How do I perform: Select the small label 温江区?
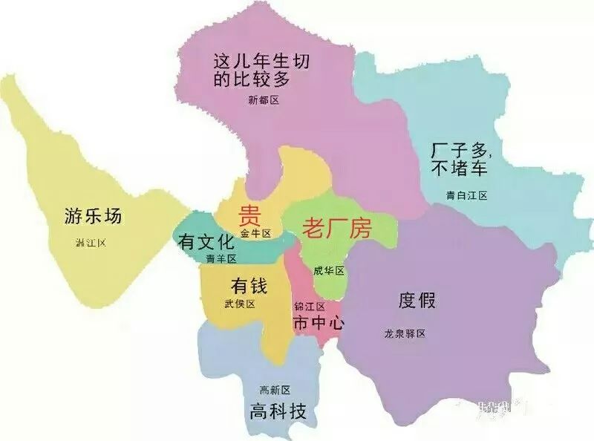(x=92, y=243)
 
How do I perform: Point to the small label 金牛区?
(x=255, y=233)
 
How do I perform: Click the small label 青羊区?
(x=221, y=259)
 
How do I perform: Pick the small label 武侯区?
(x=239, y=304)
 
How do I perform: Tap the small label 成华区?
(x=328, y=270)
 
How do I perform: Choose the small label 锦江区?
(x=310, y=307)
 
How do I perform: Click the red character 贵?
(x=248, y=216)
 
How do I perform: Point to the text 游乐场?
(x=92, y=218)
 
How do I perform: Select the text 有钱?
(x=248, y=285)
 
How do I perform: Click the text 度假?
(x=417, y=301)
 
